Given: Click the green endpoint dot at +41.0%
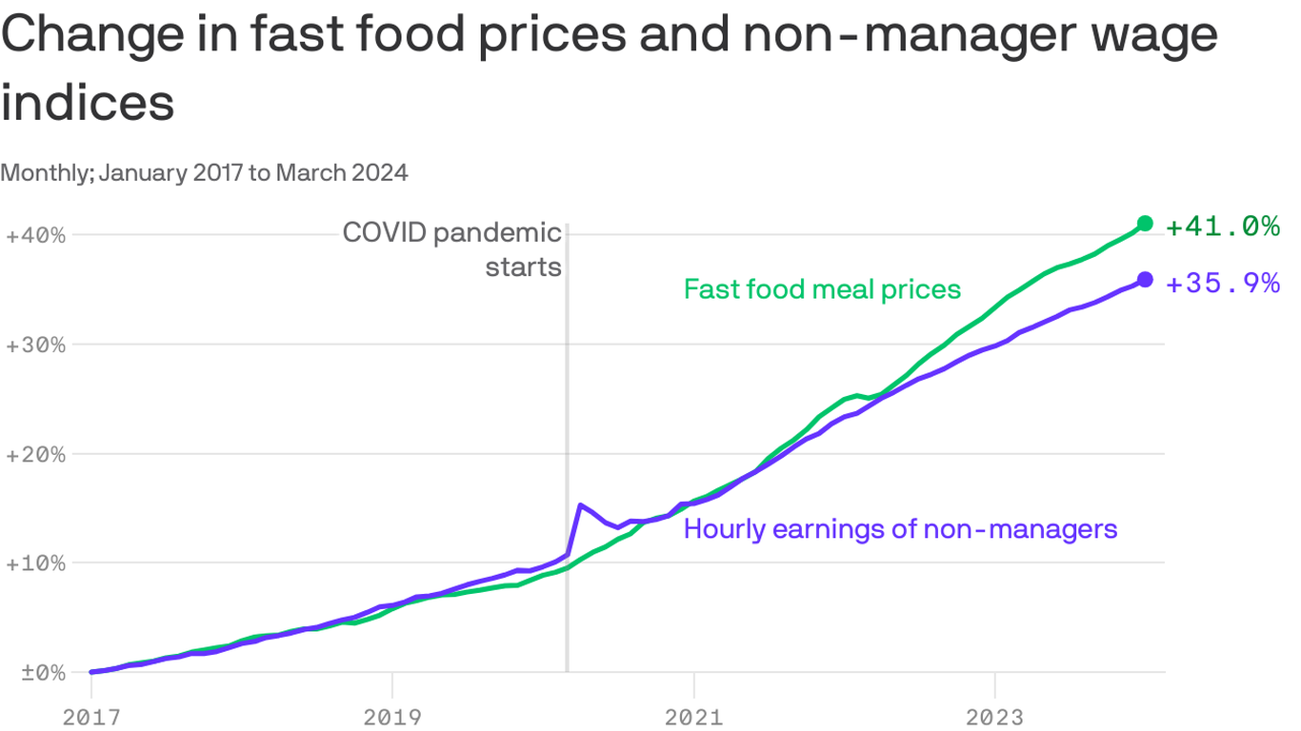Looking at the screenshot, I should tap(1145, 224).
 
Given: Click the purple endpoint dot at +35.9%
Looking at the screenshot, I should tap(1145, 279).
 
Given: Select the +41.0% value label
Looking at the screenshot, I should tap(1222, 227).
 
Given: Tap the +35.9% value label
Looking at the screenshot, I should tap(1222, 283).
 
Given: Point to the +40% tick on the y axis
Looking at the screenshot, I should tap(35, 235).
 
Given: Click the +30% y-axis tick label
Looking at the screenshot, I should tap(35, 345).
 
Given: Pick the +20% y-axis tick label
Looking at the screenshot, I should tap(35, 454).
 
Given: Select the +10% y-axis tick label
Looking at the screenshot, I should tap(35, 563).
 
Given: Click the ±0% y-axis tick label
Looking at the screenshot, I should tap(35, 673).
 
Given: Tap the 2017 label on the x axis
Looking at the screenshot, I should tap(91, 717).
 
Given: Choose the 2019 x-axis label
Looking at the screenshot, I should tap(392, 717).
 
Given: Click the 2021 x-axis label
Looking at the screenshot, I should tap(694, 717).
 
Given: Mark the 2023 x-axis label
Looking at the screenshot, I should tap(994, 717).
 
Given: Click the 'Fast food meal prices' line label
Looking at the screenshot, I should tap(822, 289).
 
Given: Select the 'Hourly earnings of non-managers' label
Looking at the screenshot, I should tap(900, 529).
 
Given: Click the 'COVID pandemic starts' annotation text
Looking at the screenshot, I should tap(452, 249).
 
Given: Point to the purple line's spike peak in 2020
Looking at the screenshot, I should tap(580, 505).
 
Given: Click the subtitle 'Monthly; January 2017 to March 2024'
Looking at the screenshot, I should tap(205, 172).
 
